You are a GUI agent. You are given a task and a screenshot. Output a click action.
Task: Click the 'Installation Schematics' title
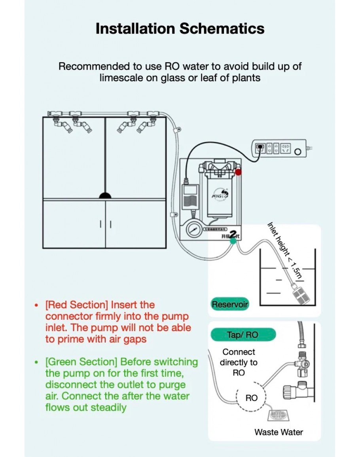[x=180, y=29]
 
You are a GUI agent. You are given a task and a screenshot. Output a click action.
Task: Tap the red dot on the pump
[x=238, y=172]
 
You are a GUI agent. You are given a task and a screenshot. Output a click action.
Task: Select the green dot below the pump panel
[x=233, y=240]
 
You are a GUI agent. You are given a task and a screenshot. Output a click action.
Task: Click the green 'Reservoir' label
[x=230, y=305]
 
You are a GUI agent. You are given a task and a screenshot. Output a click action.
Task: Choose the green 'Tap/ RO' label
[x=243, y=335]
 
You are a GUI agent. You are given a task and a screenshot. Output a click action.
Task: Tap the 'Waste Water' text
[x=279, y=432]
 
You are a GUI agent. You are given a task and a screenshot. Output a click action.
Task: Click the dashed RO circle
[x=251, y=398]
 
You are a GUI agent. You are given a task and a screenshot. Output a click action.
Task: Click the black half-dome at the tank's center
[x=105, y=195]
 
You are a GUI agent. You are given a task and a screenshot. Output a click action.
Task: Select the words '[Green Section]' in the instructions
[x=81, y=362]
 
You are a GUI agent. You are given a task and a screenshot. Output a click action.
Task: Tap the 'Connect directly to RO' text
[x=239, y=362]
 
